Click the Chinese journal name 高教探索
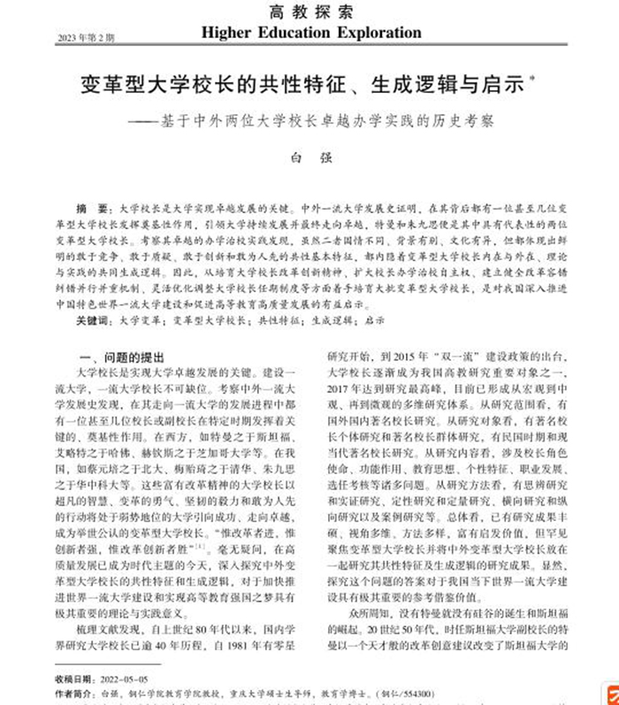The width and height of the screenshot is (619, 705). (310, 13)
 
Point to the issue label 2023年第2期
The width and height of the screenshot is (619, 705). (86, 38)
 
